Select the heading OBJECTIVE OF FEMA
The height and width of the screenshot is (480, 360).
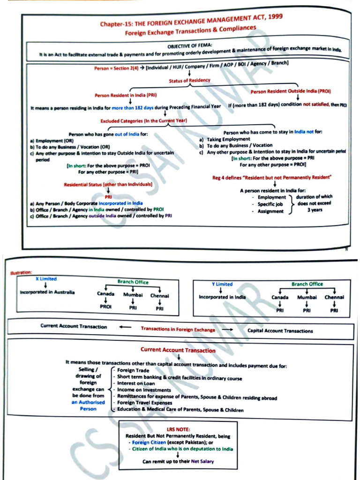tap(190, 46)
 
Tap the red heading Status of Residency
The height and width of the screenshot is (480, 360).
tap(189, 81)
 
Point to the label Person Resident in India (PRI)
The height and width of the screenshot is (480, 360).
tap(126, 95)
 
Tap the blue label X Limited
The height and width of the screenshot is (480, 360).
tap(46, 279)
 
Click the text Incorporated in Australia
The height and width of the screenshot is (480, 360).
tap(47, 292)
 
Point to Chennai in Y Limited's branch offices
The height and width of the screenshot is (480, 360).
tap(334, 297)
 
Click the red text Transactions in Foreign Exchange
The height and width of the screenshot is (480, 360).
tap(178, 329)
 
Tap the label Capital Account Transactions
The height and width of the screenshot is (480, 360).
tap(280, 331)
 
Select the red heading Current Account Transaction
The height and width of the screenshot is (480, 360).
tap(178, 350)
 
